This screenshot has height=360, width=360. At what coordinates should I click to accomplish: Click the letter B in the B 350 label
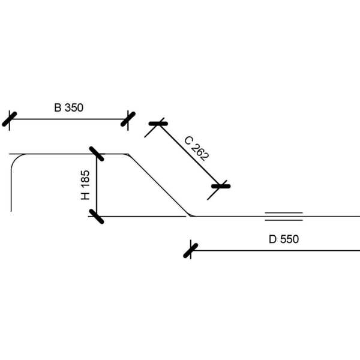58,108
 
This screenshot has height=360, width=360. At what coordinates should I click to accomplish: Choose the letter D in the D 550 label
272,239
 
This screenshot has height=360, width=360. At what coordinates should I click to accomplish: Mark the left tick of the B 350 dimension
9,119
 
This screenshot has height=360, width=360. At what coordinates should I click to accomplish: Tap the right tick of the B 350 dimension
128,119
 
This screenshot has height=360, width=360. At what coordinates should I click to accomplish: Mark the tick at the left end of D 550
191,249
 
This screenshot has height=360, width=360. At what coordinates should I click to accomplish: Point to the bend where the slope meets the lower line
190,215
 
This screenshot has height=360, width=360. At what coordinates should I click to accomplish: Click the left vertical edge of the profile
11,192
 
